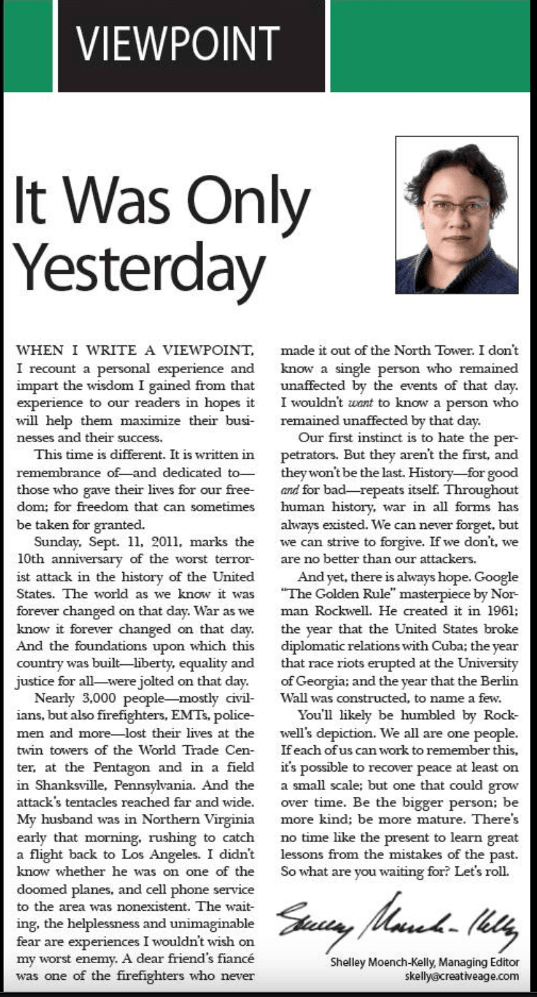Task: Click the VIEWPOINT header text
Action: point(178,44)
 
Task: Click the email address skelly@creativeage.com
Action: point(461,976)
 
